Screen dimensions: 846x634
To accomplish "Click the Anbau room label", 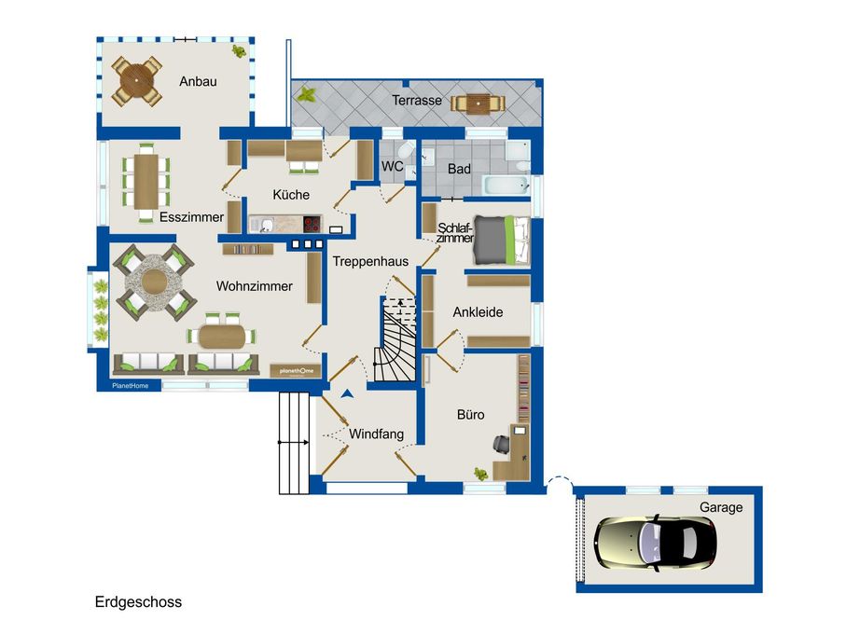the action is tap(198, 81).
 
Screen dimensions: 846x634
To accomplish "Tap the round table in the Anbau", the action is tap(136, 81).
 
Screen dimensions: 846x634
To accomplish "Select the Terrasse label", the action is tap(417, 101).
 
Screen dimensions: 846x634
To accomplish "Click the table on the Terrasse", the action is tap(478, 104).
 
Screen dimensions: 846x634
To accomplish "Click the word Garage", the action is tap(721, 507).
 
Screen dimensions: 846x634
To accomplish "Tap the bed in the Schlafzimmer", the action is tap(501, 240).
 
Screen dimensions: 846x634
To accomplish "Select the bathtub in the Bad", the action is tap(506, 185).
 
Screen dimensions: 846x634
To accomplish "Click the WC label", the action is tap(393, 166).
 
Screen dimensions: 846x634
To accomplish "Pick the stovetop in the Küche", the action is tap(312, 224).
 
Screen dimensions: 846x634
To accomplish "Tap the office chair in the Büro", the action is tap(501, 443).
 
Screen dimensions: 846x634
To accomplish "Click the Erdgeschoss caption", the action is tap(138, 602).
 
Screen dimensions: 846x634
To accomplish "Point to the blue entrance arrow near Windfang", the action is tap(348, 394).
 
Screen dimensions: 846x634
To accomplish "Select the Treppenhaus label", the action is tap(370, 261).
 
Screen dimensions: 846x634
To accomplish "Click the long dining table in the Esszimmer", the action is tap(146, 181).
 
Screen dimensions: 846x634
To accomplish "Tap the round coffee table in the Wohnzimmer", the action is tap(155, 283).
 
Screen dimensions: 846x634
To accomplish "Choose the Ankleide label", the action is tap(478, 312).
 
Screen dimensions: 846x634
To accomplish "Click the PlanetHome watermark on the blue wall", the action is tap(130, 385).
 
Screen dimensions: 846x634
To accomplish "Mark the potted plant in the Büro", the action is tap(480, 474).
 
